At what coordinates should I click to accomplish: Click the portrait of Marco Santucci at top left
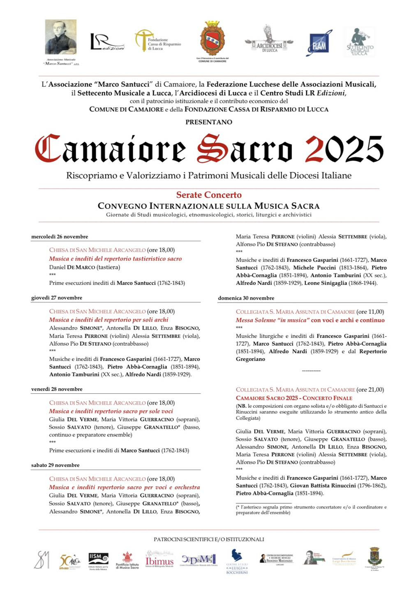coord(60,38)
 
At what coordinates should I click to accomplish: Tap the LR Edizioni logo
coord(106,42)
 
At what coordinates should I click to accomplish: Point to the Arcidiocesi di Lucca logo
coord(269,40)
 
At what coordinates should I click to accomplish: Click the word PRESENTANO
coord(209,122)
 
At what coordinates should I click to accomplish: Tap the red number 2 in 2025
coord(314,149)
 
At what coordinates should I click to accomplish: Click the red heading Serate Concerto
coord(209,195)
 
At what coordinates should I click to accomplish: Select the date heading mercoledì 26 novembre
coord(60,236)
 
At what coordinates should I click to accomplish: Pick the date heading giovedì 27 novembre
coord(57,298)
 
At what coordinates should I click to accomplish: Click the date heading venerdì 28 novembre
coord(57,389)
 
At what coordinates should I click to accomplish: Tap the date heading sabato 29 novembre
coord(55,465)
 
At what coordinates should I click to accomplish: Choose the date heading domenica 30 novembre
coord(246,298)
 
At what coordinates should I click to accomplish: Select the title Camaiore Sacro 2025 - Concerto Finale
coord(294,398)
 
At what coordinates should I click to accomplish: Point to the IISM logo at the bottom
coord(99,560)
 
